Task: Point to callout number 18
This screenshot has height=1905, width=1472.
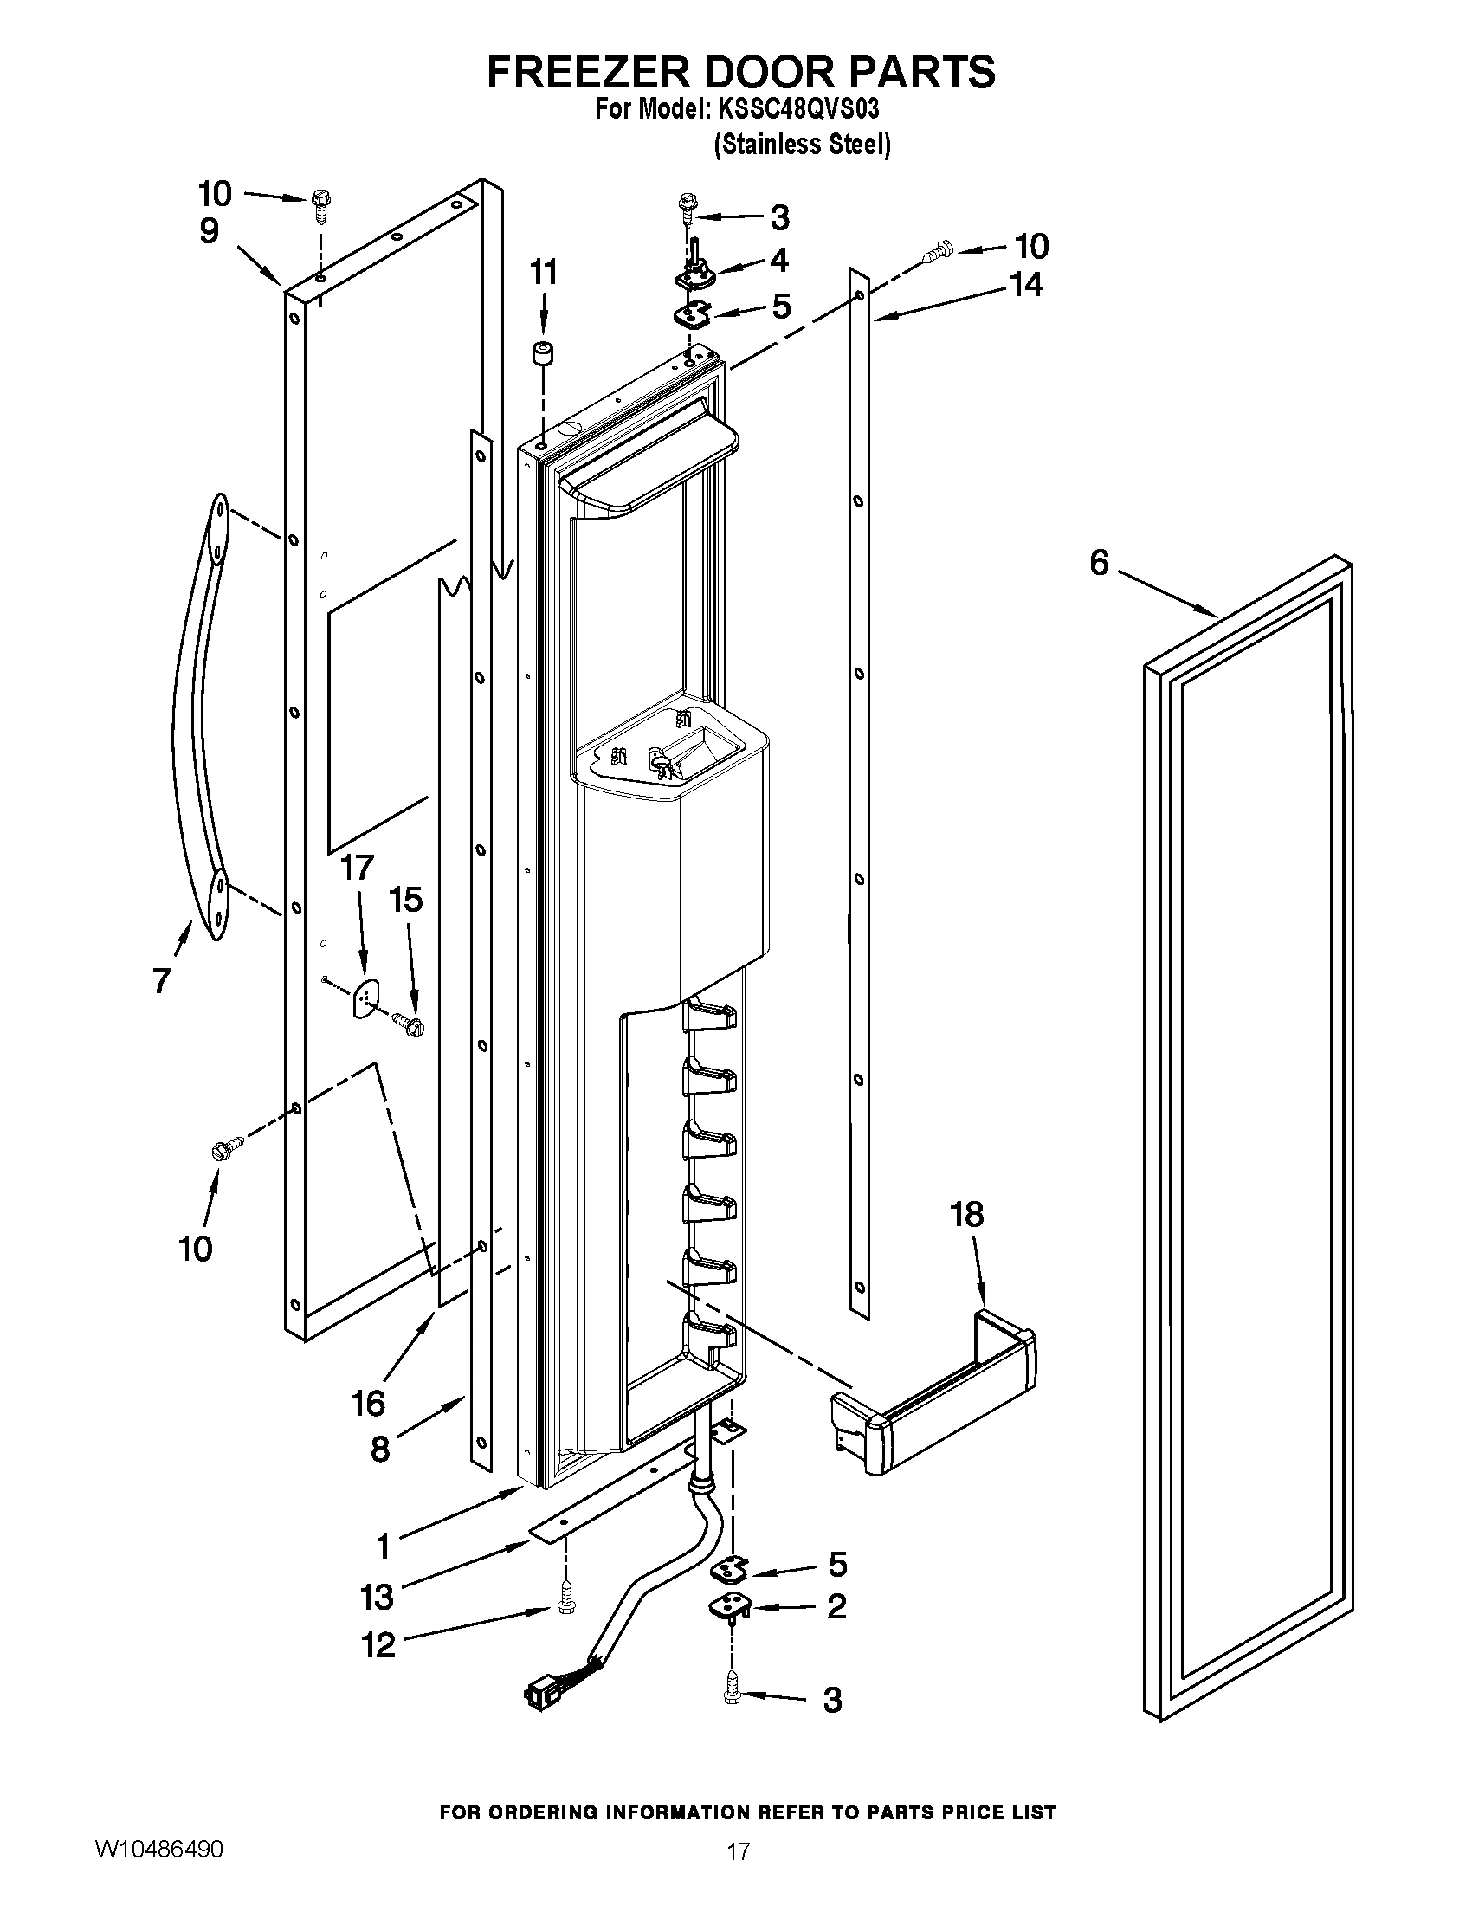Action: [x=967, y=1213]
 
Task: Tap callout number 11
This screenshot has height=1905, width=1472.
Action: [x=543, y=272]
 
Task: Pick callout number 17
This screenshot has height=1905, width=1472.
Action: [x=357, y=868]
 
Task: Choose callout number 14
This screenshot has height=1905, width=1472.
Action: [x=1025, y=284]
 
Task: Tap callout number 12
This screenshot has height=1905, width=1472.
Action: [x=378, y=1645]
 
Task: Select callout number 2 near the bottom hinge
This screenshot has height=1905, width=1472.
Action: [x=836, y=1605]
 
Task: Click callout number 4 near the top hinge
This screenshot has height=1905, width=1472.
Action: [x=778, y=260]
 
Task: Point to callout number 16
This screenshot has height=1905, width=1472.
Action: [x=368, y=1404]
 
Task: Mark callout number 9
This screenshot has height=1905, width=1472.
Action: [x=209, y=231]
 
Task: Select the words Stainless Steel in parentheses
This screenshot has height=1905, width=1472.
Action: [x=803, y=144]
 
